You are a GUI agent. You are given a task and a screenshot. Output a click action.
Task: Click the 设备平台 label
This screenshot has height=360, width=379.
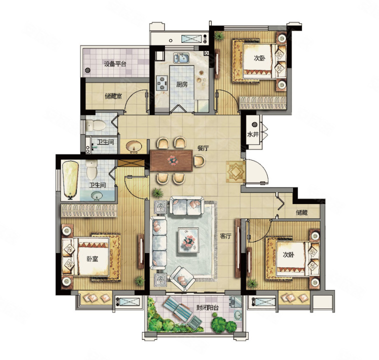tap(115, 64)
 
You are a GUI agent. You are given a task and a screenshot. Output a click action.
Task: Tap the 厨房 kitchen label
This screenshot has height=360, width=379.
tap(182, 84)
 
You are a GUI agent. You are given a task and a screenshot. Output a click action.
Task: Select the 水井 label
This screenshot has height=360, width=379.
tap(253, 134)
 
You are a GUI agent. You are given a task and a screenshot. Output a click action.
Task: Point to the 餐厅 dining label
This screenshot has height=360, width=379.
tap(203, 148)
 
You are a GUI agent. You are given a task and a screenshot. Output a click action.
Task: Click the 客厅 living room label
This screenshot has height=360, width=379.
tap(225, 236)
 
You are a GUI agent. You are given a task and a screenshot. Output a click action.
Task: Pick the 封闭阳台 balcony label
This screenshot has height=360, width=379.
tap(207, 308)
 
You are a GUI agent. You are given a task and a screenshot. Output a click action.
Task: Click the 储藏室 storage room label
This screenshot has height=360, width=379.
tap(113, 96)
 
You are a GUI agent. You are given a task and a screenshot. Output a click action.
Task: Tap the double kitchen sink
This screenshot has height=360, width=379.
tap(181, 58)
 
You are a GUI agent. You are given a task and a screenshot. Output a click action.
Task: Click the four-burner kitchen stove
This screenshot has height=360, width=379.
tap(161, 83)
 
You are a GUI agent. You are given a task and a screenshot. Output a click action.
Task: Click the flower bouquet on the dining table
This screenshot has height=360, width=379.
tap(172, 160)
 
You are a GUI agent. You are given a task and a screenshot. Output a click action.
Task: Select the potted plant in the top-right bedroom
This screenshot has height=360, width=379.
tap(219, 36)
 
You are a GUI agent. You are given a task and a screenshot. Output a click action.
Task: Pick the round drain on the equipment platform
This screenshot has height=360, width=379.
tap(87, 70)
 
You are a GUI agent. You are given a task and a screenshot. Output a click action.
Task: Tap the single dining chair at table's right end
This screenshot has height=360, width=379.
tap(199, 160)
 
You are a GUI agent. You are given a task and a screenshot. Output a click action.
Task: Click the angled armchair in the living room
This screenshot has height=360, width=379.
tap(182, 279)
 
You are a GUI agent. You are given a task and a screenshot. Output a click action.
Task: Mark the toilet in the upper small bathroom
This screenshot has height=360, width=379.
tap(96, 125)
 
